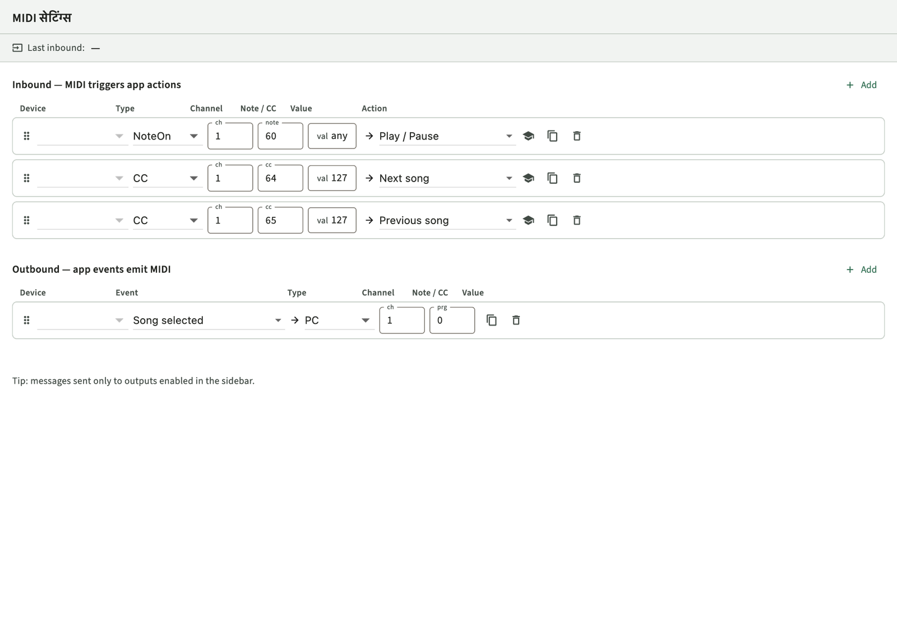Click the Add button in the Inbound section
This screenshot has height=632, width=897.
click(861, 85)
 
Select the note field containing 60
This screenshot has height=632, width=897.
click(280, 136)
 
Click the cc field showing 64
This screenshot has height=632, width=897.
click(280, 178)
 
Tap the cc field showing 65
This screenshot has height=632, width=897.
click(280, 220)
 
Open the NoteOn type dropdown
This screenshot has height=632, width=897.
click(168, 136)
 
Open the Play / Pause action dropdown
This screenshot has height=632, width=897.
click(447, 136)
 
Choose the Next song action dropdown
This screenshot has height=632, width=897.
click(447, 178)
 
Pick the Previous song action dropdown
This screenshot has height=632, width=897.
click(447, 220)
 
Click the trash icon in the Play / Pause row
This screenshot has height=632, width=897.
click(577, 136)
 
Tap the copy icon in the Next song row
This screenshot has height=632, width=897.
click(552, 178)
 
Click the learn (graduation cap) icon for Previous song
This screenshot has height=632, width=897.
click(528, 220)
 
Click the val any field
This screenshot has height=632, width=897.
click(332, 136)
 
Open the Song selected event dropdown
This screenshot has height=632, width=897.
click(208, 320)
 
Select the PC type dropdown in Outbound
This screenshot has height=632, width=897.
click(339, 320)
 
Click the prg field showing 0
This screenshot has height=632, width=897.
click(452, 320)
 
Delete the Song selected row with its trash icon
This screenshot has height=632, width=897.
click(516, 320)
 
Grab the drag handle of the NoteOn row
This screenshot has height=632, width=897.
click(26, 136)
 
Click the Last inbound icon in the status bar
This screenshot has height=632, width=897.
click(17, 48)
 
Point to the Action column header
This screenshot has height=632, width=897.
click(374, 109)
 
